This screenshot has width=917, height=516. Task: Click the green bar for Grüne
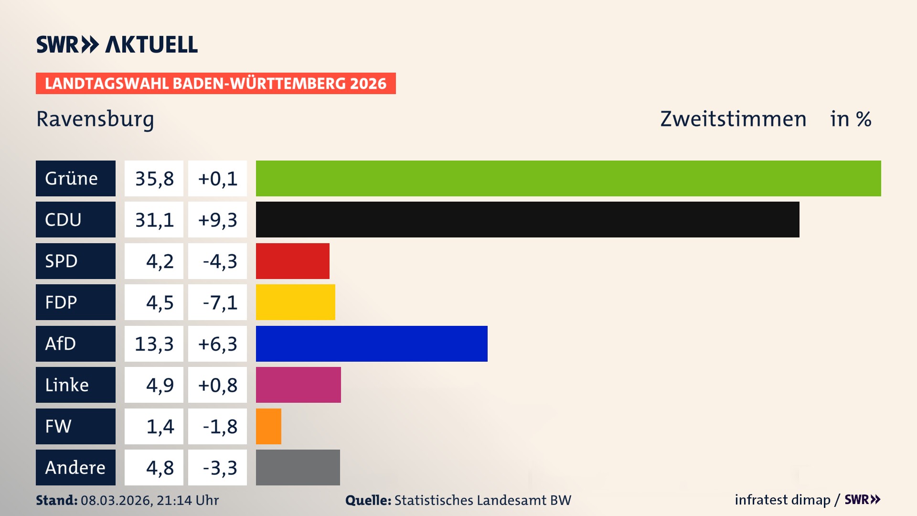(x=568, y=178)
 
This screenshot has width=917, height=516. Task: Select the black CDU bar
(x=527, y=219)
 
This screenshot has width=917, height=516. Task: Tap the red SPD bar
(x=292, y=261)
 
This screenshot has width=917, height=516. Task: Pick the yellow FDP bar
(x=295, y=302)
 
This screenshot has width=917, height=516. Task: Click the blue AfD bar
(x=372, y=344)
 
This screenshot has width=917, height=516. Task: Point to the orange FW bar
(x=268, y=426)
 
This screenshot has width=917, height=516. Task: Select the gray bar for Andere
(x=298, y=467)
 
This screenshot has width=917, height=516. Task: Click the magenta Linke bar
(x=298, y=385)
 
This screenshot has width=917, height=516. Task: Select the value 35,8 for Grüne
(x=154, y=178)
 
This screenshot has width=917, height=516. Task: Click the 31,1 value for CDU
(x=154, y=219)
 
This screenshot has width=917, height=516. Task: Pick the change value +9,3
(x=217, y=219)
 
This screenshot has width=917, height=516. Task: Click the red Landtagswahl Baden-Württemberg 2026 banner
(x=215, y=83)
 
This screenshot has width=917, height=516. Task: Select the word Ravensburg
(x=95, y=119)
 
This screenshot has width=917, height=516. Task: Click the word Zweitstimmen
(x=733, y=119)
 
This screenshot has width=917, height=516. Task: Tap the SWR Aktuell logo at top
(x=117, y=44)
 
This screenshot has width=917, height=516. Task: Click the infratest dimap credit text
(x=782, y=500)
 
